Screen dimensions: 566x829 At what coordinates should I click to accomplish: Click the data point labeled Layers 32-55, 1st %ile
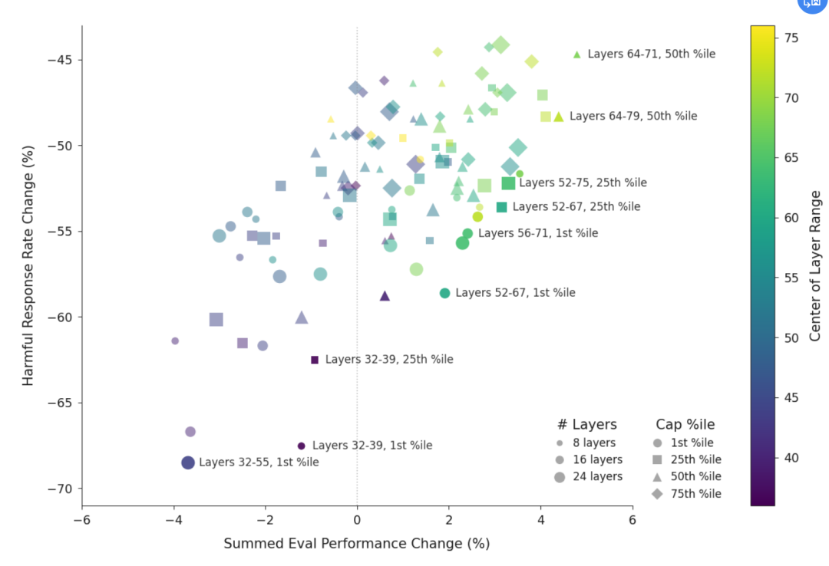(x=188, y=462)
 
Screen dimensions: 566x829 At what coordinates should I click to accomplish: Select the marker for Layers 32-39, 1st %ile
(x=301, y=446)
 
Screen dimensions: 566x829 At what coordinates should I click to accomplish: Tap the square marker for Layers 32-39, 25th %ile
(x=315, y=360)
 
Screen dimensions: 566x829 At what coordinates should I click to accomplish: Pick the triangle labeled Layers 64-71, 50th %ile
(x=577, y=54)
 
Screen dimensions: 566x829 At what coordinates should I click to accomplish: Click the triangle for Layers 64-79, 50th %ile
(x=559, y=117)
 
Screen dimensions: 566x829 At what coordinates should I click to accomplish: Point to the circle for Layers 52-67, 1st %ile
(x=444, y=293)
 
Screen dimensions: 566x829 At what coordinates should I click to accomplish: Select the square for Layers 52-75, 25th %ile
(x=508, y=183)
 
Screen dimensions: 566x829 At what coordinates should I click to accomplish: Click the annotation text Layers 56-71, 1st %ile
(x=537, y=233)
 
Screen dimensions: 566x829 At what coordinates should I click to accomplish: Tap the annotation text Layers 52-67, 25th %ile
(x=576, y=207)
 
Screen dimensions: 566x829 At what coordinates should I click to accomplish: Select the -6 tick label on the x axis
(x=81, y=520)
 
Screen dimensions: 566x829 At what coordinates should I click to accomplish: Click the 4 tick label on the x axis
(x=540, y=520)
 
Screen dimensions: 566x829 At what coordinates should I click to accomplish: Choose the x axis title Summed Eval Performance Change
(x=356, y=544)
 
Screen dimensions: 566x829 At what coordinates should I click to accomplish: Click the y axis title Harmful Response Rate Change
(x=28, y=265)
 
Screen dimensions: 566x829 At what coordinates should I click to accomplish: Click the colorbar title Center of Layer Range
(x=815, y=265)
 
